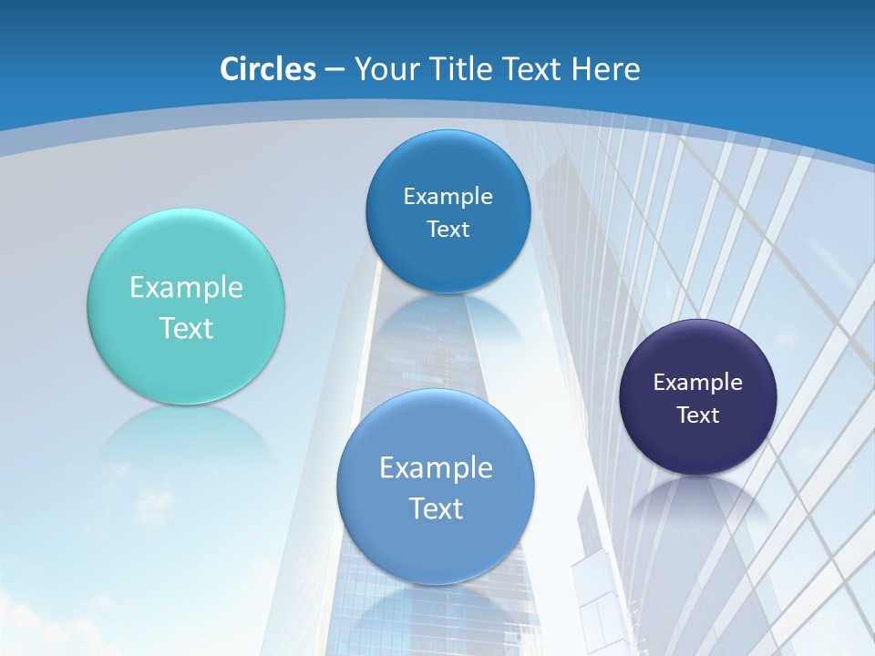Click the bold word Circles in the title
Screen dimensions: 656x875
coord(267,69)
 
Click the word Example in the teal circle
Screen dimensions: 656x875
coord(186,288)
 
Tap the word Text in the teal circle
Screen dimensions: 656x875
coord(186,328)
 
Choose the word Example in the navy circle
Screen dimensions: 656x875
coord(698,383)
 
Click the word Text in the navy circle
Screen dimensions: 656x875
coord(698,415)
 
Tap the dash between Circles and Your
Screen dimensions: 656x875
coord(334,70)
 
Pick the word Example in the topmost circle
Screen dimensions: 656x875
coord(448,197)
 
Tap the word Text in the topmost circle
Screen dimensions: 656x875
coord(448,230)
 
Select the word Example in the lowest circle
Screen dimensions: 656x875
coord(436,468)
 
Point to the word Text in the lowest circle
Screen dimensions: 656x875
coord(436,508)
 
